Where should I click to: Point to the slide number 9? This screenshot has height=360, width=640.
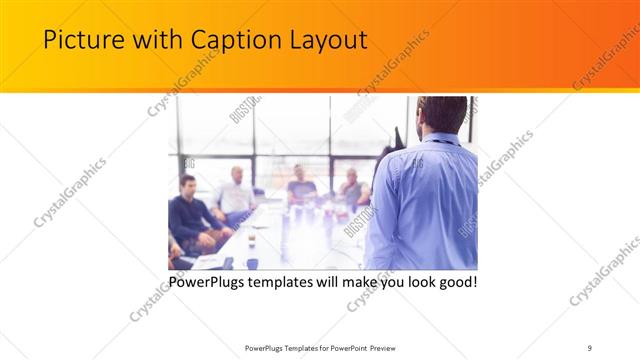pyautogui.click(x=590, y=347)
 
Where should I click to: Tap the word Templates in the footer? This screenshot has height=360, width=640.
pyautogui.click(x=292, y=347)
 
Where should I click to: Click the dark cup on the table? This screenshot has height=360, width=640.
pyautogui.click(x=251, y=263)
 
